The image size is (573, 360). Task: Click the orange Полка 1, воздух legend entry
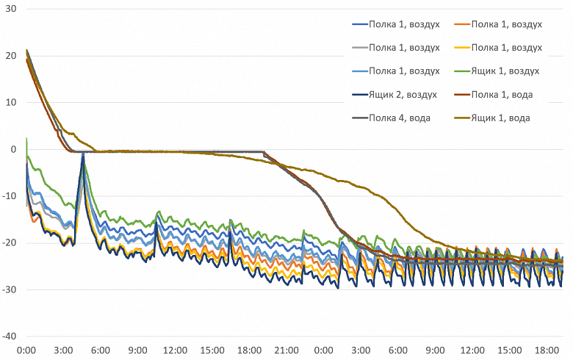506,24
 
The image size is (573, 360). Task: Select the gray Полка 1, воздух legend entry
403,48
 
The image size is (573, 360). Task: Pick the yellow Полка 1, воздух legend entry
506,48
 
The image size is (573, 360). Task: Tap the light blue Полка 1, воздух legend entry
403,71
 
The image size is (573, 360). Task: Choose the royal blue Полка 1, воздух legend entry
403,24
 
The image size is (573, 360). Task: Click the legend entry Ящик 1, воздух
505,71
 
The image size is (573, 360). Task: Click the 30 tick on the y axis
10,9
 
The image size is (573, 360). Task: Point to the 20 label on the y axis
10,56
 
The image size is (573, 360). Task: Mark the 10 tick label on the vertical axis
10,102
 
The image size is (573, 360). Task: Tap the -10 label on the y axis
9,196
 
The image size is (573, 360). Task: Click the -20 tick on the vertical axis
9,243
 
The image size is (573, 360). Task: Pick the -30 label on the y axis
9,289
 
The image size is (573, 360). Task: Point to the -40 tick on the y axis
9,336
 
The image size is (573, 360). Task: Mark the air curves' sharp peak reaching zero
83,153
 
